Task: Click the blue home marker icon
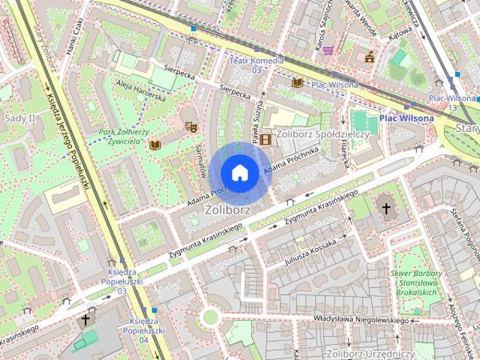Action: (x=239, y=172)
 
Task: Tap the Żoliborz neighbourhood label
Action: (x=228, y=211)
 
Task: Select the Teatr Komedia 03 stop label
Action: (x=256, y=64)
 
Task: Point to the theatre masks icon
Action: (x=190, y=127)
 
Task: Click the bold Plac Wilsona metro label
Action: (x=406, y=118)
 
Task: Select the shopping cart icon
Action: (x=328, y=49)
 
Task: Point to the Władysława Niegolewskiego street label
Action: (x=362, y=320)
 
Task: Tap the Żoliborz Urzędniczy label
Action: (x=370, y=352)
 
